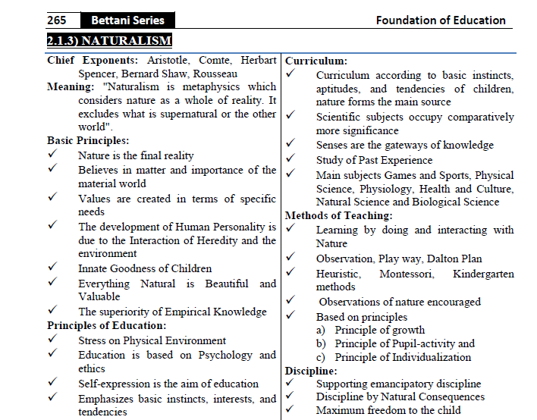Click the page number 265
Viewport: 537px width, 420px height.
57,20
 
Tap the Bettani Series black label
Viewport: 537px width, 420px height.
127,20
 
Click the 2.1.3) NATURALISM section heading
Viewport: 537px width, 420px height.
109,39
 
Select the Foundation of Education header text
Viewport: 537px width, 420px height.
441,20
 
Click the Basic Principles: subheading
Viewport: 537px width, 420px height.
88,141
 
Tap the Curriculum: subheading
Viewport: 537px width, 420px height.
316,61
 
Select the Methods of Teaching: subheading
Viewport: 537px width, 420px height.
338,215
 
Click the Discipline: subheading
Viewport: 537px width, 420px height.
310,371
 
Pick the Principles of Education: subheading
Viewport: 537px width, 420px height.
105,326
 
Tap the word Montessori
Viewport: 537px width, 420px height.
407,273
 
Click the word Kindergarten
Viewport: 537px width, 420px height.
483,273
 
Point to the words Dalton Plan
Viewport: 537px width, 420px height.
451,258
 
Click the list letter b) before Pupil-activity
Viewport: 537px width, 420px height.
322,343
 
